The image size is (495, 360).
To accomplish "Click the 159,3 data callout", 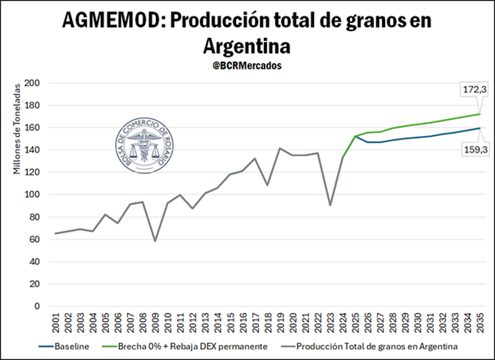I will click(x=474, y=150).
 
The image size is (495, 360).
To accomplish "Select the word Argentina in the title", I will click(x=247, y=46).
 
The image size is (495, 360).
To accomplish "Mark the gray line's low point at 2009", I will click(x=155, y=241).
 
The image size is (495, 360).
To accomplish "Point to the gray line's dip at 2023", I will click(x=331, y=205).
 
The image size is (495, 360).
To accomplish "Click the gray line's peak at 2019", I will click(x=280, y=148).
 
